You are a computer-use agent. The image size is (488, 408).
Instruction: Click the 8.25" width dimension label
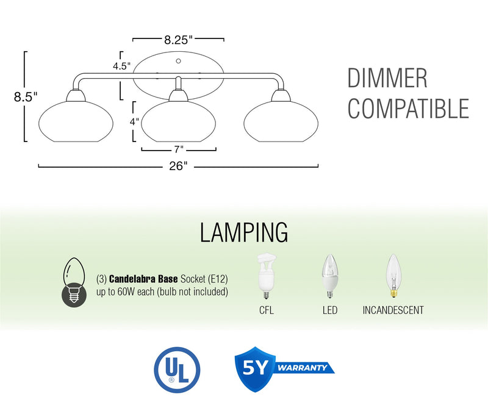[x=178, y=40]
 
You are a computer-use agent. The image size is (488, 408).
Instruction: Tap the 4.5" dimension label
[x=121, y=66]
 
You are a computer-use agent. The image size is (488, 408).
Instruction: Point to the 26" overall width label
[x=178, y=166]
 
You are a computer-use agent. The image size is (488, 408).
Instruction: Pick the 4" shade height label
[x=135, y=121]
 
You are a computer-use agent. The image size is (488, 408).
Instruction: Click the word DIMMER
[x=387, y=79]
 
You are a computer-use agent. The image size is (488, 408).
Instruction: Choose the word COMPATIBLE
[x=408, y=109]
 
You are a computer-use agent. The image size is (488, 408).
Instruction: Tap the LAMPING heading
[x=243, y=232]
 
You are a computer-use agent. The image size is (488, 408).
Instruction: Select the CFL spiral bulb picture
[x=267, y=277]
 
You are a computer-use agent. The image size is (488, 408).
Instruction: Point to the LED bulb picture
[x=329, y=277]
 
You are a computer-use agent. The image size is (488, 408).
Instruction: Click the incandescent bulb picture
[x=392, y=276]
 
